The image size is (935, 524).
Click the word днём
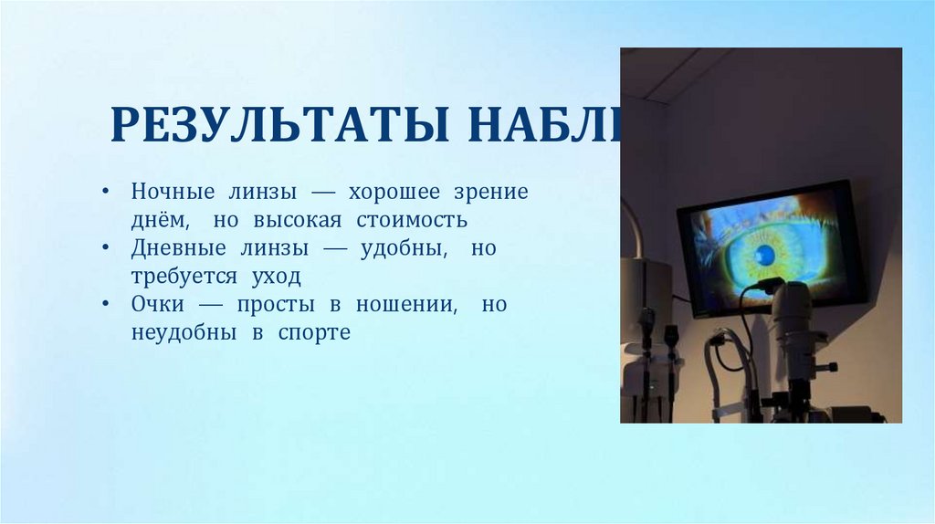click(161, 221)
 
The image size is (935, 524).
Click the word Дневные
click(178, 248)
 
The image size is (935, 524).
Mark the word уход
click(276, 277)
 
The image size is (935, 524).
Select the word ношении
click(409, 305)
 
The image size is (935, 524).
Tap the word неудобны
click(179, 332)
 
